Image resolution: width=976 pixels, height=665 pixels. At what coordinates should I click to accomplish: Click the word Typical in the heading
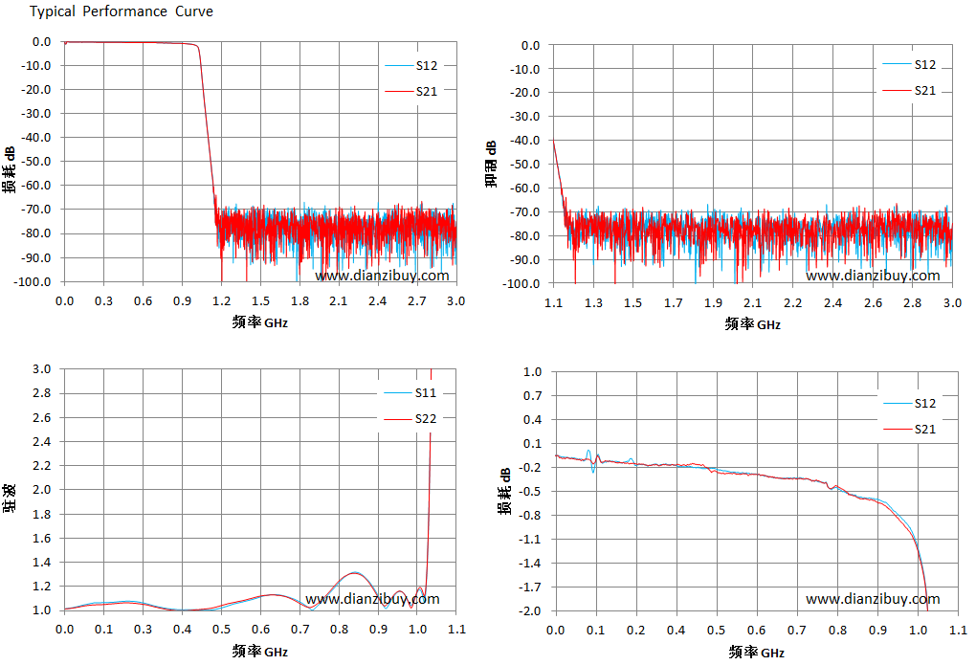[x=53, y=11]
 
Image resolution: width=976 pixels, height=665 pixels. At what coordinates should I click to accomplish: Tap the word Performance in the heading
[x=124, y=11]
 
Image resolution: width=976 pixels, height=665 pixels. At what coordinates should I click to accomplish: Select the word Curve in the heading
[x=193, y=11]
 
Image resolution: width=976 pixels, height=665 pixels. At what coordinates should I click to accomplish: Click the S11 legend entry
[x=410, y=393]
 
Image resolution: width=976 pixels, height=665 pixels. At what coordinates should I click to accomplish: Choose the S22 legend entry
[x=410, y=419]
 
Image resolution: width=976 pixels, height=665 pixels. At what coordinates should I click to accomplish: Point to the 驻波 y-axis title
[x=10, y=499]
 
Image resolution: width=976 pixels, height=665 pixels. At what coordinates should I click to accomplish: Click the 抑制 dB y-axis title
[x=491, y=164]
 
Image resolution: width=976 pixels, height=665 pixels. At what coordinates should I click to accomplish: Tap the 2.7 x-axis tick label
[x=416, y=301]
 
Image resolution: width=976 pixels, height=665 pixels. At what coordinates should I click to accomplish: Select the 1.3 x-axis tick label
[x=593, y=303]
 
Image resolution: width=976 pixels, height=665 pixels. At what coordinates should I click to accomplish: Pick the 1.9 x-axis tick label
[x=713, y=303]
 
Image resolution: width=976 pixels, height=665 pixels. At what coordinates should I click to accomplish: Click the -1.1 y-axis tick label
[x=530, y=540]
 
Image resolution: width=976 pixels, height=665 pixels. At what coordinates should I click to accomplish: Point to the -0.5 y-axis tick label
[x=530, y=491]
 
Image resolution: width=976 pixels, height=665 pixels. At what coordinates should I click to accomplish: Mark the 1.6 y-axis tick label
[x=42, y=538]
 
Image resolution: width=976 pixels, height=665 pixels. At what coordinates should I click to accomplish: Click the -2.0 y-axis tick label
[x=530, y=610]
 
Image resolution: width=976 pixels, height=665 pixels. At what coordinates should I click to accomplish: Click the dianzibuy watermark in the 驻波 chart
[x=372, y=599]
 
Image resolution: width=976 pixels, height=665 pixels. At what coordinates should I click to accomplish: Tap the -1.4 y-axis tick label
[x=530, y=563]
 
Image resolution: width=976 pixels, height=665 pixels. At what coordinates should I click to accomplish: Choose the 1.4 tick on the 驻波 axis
[x=42, y=563]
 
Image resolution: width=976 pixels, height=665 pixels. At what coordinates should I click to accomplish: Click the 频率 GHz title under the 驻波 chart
[x=259, y=652]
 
